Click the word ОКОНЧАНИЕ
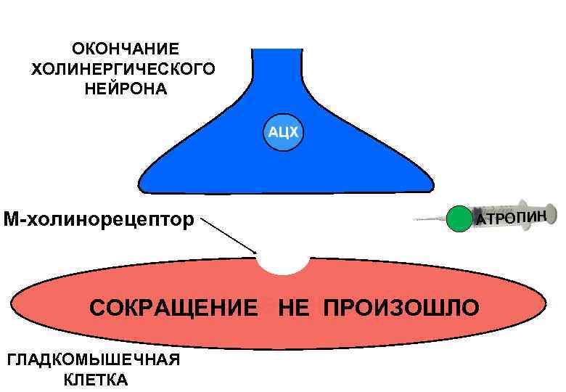(125, 49)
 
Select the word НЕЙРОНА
(125, 90)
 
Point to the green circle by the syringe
(459, 219)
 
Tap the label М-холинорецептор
(99, 218)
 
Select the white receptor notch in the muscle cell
(284, 263)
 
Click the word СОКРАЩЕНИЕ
(173, 307)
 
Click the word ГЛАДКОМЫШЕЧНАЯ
(93, 361)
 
